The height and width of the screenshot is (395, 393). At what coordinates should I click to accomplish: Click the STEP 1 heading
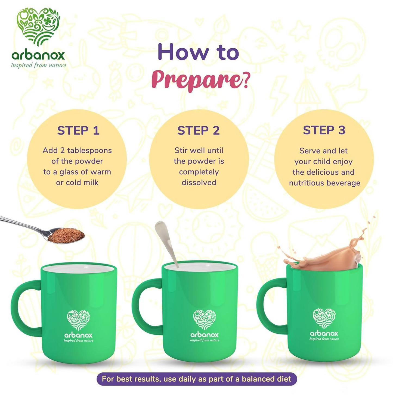pos(78,130)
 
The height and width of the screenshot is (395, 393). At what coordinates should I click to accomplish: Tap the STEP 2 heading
pos(199,130)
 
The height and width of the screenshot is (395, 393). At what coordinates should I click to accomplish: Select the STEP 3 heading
pos(324,130)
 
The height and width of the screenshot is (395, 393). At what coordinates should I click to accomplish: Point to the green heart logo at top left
pos(38,27)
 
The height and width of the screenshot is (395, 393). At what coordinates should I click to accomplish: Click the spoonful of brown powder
pos(66,235)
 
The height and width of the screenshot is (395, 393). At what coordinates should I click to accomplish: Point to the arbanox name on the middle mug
pos(205,335)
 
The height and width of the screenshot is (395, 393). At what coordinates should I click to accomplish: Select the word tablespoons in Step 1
pos(89,151)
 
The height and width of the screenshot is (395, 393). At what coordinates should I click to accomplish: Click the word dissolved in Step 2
pos(199,183)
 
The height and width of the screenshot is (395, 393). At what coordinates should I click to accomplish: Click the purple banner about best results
pos(197,379)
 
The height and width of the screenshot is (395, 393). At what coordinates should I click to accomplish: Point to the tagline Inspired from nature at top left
pos(38,65)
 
